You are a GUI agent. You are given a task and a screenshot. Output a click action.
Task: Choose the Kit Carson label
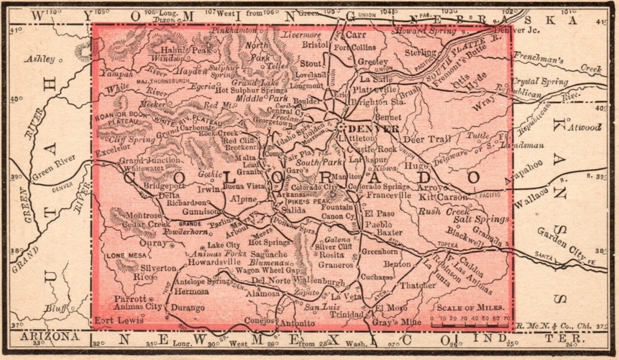pos(442,196)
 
